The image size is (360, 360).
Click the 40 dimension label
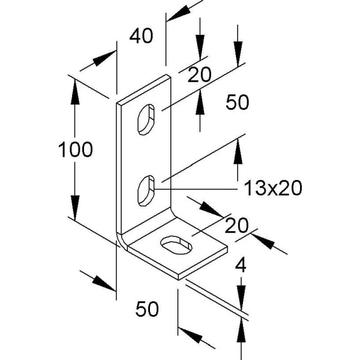(x=141, y=36)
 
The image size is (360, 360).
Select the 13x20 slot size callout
(x=272, y=188)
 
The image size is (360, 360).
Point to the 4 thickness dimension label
(x=241, y=264)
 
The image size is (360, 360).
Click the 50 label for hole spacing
(x=237, y=103)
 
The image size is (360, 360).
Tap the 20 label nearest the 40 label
(x=199, y=75)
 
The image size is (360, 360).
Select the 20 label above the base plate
(x=237, y=226)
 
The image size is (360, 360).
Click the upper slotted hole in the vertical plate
(x=147, y=119)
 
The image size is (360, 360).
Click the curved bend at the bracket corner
(x=122, y=239)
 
